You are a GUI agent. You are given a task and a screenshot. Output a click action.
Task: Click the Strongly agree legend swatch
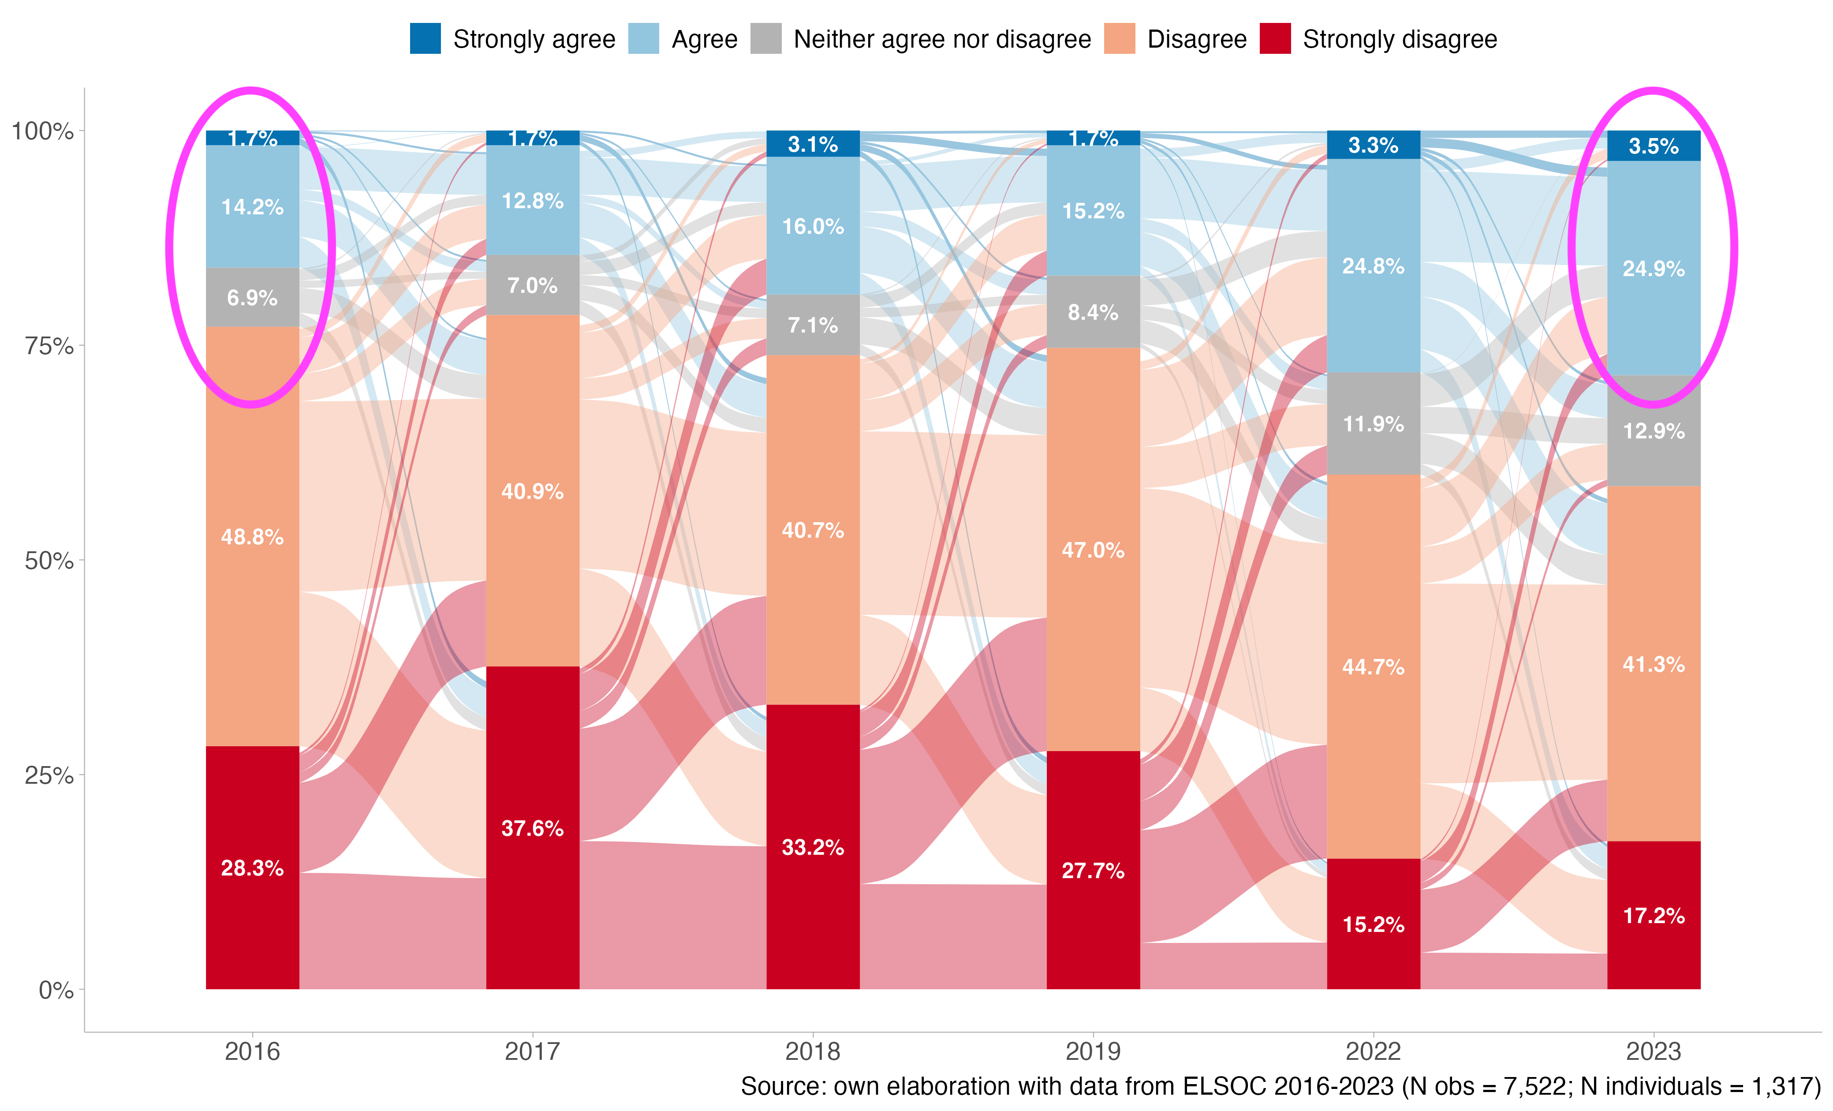tap(425, 39)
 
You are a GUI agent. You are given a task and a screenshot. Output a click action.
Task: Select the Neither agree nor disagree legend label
tap(942, 39)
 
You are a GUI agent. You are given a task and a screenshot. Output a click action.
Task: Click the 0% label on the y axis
tap(56, 991)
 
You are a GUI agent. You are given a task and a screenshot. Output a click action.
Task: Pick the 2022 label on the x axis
tap(1373, 1051)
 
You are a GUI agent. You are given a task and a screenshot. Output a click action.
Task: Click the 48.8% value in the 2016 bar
tap(252, 537)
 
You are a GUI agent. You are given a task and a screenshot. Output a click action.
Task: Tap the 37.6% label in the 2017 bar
tap(533, 828)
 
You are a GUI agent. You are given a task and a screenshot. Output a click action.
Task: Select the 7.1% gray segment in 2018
tap(813, 325)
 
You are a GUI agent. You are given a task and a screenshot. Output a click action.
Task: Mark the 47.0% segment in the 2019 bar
tap(1093, 550)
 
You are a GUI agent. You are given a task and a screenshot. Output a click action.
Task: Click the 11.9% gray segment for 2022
tap(1373, 424)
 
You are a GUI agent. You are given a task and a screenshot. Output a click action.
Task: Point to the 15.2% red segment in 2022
tap(1373, 924)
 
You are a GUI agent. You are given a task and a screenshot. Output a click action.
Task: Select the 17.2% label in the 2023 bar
tap(1654, 915)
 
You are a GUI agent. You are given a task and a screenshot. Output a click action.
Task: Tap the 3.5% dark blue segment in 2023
tap(1654, 146)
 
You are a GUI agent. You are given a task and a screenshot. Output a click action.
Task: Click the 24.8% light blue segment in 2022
tap(1373, 266)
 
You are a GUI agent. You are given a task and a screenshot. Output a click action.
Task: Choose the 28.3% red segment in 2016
tap(252, 868)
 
